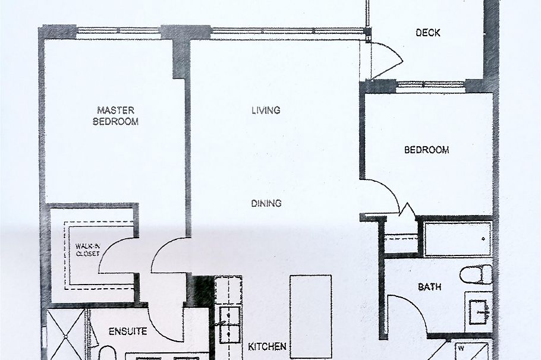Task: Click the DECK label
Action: click(x=428, y=33)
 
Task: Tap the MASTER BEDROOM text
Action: click(x=116, y=115)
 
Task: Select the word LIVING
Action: click(x=265, y=110)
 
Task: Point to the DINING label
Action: click(x=266, y=203)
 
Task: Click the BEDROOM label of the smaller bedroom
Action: click(x=426, y=150)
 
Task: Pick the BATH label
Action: click(x=429, y=287)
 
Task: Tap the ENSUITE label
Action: click(x=128, y=331)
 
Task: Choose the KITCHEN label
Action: click(x=267, y=346)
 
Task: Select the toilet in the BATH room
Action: click(x=477, y=274)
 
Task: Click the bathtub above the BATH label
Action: click(x=457, y=239)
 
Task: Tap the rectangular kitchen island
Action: click(x=310, y=316)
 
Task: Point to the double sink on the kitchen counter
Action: click(x=228, y=324)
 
